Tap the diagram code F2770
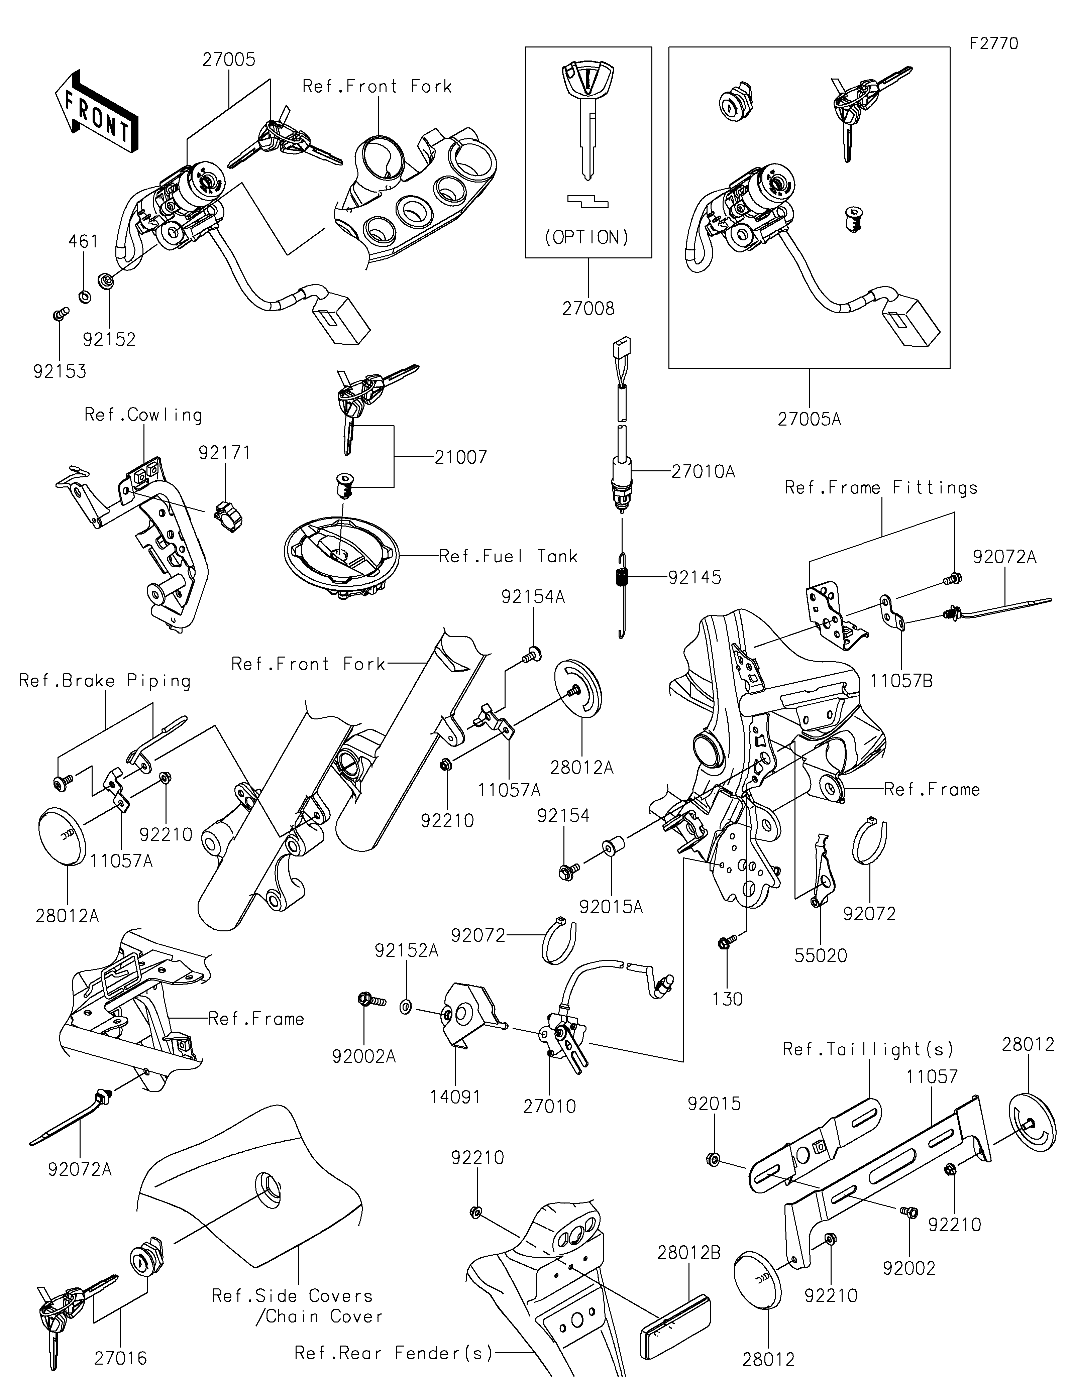(993, 44)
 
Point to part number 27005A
(809, 419)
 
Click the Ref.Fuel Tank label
(509, 556)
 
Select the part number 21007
(461, 457)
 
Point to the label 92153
(60, 371)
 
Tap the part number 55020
(821, 955)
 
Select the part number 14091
(456, 1097)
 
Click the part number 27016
(120, 1358)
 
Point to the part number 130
(728, 999)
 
